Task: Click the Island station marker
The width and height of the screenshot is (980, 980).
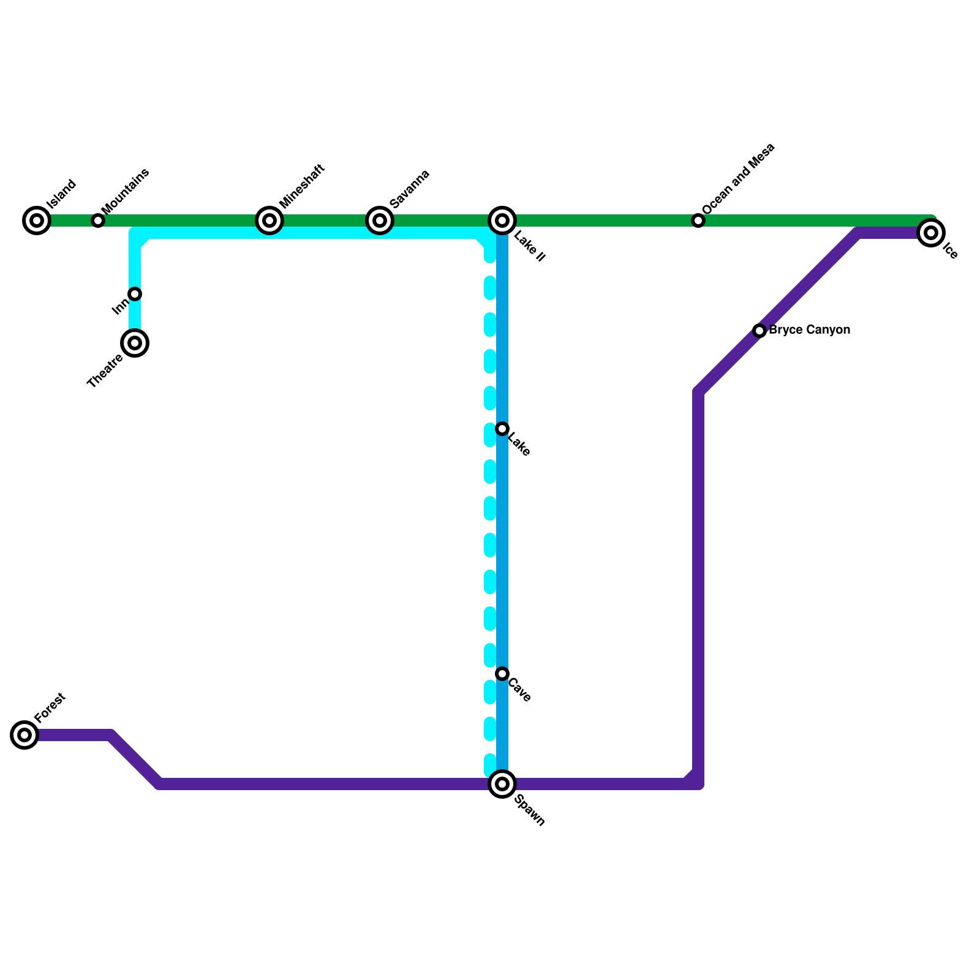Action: click(37, 221)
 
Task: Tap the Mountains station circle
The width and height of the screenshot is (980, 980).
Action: click(98, 221)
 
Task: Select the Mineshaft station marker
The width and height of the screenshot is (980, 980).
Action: click(269, 221)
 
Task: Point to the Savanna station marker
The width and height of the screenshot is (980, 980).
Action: click(380, 221)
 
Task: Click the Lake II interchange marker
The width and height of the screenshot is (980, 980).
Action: click(502, 221)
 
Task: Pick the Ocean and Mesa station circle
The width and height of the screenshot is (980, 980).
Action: click(698, 221)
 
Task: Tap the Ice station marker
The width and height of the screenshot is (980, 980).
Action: click(931, 233)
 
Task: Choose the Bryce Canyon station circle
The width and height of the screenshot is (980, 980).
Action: click(759, 331)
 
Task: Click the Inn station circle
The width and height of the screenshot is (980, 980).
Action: click(135, 294)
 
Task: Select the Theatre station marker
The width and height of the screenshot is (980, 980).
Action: click(135, 343)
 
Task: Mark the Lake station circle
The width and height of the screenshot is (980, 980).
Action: click(502, 429)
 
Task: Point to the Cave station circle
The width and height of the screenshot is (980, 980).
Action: click(502, 674)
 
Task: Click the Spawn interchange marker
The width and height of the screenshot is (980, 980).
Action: click(502, 784)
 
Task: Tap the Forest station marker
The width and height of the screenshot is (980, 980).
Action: click(24, 735)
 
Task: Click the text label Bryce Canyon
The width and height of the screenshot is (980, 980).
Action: click(809, 330)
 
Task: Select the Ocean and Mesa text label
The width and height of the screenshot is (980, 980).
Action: click(739, 179)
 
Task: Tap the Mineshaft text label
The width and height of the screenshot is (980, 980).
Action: click(301, 186)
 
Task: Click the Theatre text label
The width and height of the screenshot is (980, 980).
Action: click(105, 371)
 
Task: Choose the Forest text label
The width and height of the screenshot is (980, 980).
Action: click(50, 708)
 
